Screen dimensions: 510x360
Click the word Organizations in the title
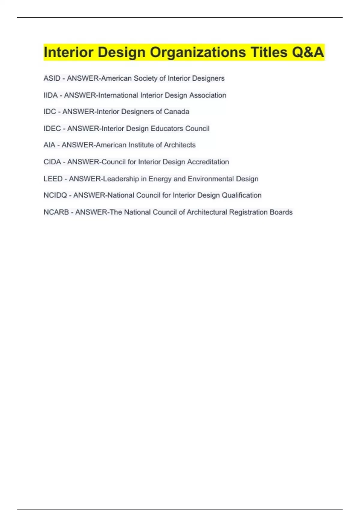[198, 52]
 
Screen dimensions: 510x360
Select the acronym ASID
[52, 78]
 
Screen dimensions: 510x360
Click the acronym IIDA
[50, 95]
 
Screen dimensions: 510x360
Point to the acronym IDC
[50, 112]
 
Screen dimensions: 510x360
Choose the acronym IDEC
[52, 129]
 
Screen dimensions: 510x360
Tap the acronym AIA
[49, 145]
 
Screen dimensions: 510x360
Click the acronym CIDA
[52, 162]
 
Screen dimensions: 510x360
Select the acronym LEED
[53, 179]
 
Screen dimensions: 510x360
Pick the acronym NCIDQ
[55, 195]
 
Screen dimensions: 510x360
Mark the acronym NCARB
[56, 212]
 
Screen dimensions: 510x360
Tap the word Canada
[176, 112]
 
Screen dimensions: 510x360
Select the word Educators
[167, 129]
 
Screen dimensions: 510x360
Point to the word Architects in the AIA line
[180, 145]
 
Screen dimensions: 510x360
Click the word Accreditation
[208, 162]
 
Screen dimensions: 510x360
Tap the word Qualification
[241, 195]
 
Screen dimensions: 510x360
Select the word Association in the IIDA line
[208, 95]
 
